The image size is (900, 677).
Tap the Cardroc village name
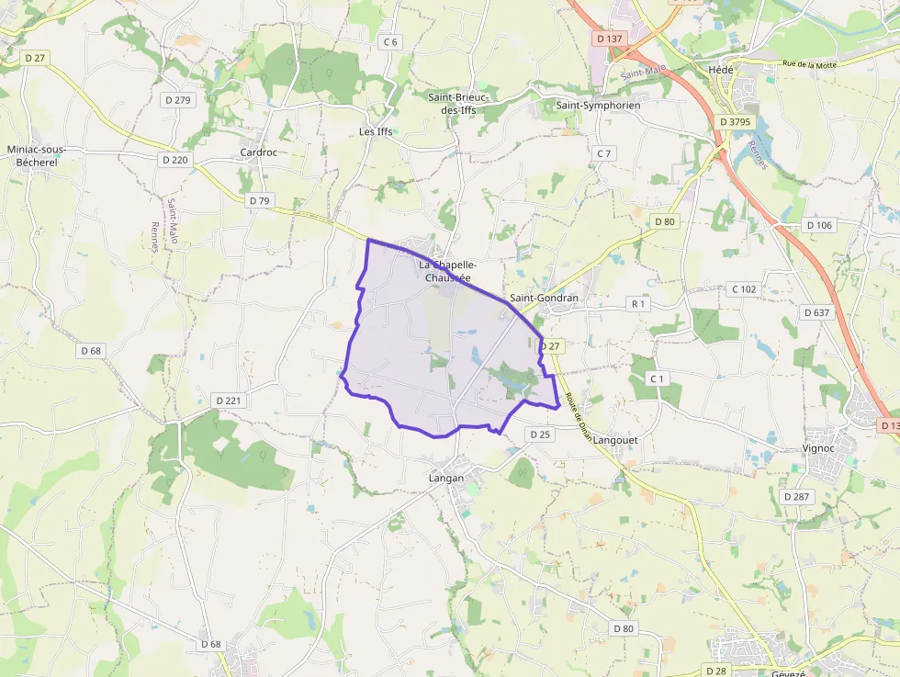coord(258,152)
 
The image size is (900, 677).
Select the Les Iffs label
coord(376,131)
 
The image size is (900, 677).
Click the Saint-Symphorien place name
coord(598,106)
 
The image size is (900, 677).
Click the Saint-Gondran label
coord(544,298)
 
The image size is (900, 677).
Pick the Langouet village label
coord(615,440)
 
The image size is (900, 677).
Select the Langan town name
coord(446,478)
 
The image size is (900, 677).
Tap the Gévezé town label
coord(788,672)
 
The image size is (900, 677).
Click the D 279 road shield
coord(176,99)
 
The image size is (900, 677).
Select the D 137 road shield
coord(609,39)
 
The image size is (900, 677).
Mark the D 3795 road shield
coord(736,121)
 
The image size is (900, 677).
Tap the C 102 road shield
coord(744,289)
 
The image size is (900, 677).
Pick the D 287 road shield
coord(797,496)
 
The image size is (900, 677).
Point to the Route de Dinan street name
coord(579,415)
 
